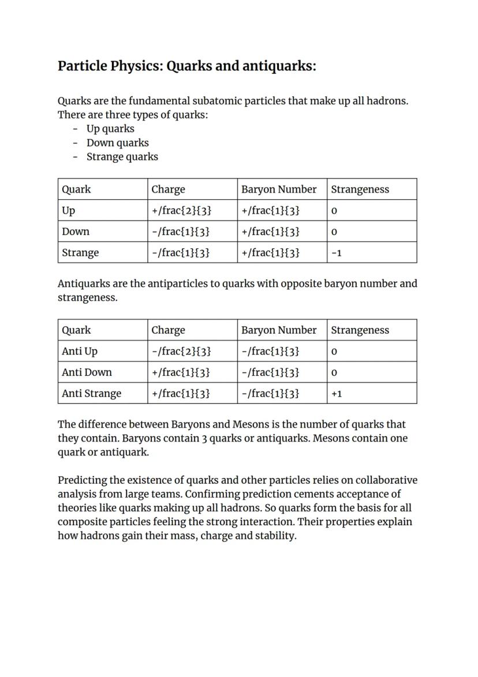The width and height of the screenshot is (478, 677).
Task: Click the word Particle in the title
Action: pos(82,66)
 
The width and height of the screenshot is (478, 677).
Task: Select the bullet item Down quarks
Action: pos(117,143)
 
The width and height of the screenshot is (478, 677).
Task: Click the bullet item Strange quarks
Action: pos(122,156)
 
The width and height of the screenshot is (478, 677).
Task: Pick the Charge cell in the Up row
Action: pos(181,211)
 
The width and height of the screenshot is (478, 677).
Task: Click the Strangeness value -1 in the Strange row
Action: pos(336,253)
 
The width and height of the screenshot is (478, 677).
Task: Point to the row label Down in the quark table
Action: pos(76,231)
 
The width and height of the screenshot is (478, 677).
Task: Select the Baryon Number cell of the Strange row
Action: pos(270,253)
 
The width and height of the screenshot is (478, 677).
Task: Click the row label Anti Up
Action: pos(80,351)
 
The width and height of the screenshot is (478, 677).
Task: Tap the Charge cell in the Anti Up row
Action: pos(181,351)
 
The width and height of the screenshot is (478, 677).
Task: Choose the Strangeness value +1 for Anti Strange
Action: pos(337,394)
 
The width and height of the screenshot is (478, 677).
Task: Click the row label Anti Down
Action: pos(87,372)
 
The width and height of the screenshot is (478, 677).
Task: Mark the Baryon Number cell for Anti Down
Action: pos(270,372)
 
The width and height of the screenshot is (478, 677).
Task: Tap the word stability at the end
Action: pos(275,536)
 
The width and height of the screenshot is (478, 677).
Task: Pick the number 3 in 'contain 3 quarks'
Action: pos(204,439)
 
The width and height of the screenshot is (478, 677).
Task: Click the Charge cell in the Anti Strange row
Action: pos(180,394)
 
